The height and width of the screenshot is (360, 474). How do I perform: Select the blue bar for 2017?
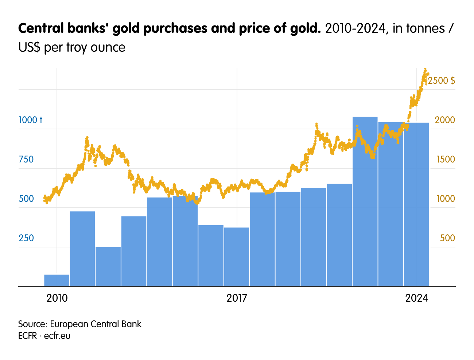point(237,257)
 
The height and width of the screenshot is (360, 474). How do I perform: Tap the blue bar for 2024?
point(416,204)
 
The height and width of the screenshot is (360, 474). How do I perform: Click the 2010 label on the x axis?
point(57,298)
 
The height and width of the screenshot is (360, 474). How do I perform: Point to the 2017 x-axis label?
point(237,298)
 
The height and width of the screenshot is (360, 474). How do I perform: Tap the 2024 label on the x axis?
point(417,298)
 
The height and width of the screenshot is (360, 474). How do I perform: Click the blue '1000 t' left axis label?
point(30,120)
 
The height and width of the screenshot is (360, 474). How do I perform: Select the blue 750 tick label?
point(26,159)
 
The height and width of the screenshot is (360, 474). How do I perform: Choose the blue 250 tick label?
point(26,238)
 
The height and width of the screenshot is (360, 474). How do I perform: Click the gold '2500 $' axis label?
point(442,81)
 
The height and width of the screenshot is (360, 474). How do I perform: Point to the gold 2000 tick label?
point(445,120)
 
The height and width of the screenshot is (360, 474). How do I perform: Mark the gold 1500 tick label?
point(445,159)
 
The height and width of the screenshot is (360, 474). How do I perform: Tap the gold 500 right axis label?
point(447,238)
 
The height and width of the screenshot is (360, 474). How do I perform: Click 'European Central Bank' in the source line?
point(96,324)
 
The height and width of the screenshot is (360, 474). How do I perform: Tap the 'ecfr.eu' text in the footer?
point(57,336)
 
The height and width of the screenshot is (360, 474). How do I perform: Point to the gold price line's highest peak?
point(425,69)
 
